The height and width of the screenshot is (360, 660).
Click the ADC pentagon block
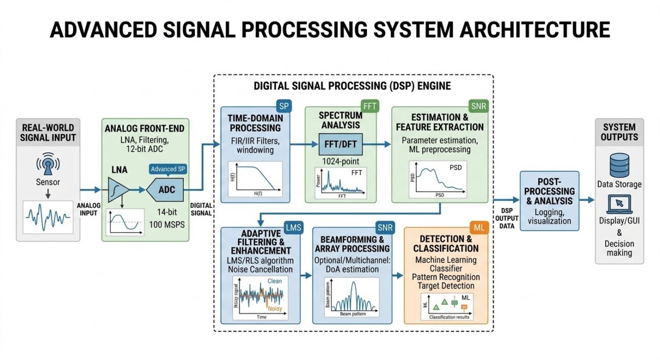pyautogui.click(x=166, y=189)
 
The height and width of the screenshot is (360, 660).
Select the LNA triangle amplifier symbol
pyautogui.click(x=118, y=190)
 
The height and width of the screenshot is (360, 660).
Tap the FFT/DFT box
pyautogui.click(x=341, y=144)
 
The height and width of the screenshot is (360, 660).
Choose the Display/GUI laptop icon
pyautogui.click(x=619, y=205)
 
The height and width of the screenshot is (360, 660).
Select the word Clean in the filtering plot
pyautogui.click(x=274, y=280)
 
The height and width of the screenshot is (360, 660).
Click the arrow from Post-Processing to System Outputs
pyautogui.click(x=587, y=200)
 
